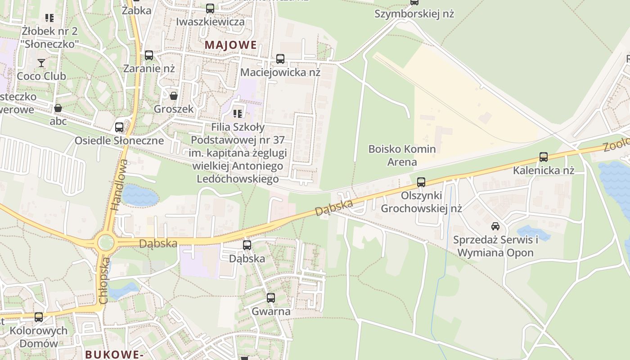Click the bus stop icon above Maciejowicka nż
[280, 58]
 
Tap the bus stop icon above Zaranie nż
[149, 55]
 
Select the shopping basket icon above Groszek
[173, 95]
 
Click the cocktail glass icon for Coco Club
[41, 63]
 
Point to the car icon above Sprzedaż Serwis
[495, 226]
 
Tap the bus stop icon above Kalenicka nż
[544, 157]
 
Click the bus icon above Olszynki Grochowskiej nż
[421, 182]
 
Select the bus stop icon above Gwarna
[270, 298]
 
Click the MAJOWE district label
[231, 45]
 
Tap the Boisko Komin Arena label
[402, 155]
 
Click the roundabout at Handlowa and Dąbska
[105, 243]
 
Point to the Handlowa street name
[118, 185]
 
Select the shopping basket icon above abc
[58, 108]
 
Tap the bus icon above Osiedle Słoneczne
[119, 127]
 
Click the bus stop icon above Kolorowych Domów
[39, 317]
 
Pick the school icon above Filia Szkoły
[238, 113]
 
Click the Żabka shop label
[136, 10]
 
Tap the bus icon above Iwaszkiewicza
[210, 9]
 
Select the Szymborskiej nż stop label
[414, 14]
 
